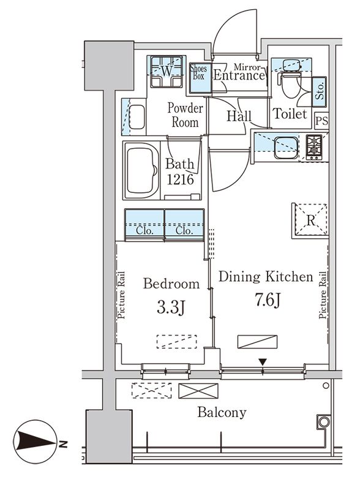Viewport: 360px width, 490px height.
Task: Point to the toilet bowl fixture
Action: [290, 86]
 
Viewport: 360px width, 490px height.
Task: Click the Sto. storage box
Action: [320, 91]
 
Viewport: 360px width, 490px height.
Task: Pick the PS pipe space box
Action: [321, 121]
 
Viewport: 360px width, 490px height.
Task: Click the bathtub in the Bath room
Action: [141, 171]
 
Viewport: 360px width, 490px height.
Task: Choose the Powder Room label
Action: [185, 115]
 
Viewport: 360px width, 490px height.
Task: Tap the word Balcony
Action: [222, 412]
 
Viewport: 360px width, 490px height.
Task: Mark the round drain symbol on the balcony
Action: [321, 422]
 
